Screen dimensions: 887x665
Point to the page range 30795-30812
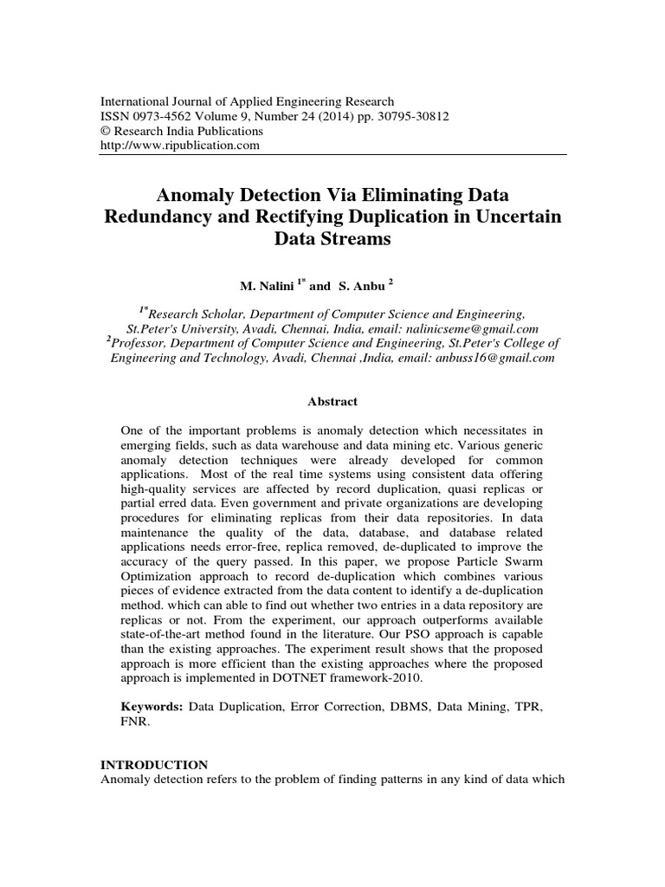[x=399, y=116]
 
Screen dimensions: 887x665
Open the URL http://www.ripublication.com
[x=181, y=145]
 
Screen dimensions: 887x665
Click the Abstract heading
[x=332, y=401]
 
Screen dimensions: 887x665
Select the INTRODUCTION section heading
[x=154, y=765]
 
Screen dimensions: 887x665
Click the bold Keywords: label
[x=152, y=708]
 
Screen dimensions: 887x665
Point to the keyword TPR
[x=526, y=708]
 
